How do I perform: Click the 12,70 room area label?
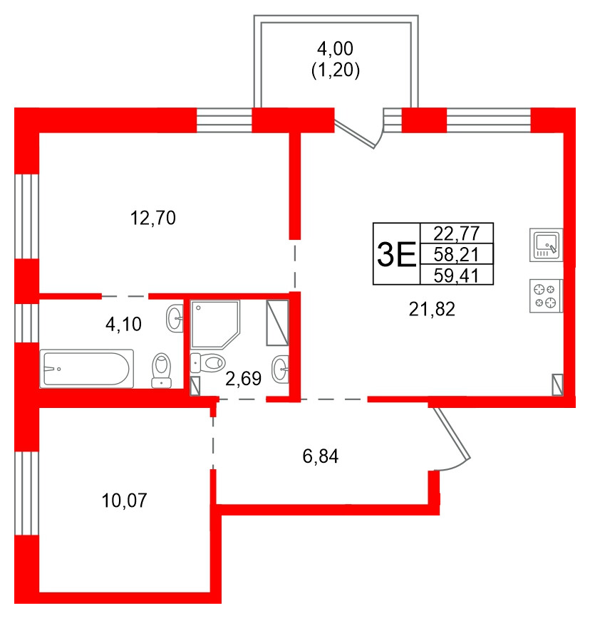coord(152,218)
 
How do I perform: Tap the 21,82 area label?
coord(432,308)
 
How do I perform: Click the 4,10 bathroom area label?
coord(123,325)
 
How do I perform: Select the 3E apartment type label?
coord(396,253)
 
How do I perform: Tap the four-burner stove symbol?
coord(547,295)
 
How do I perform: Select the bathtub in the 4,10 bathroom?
coord(86,368)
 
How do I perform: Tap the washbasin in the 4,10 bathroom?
coord(175,318)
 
